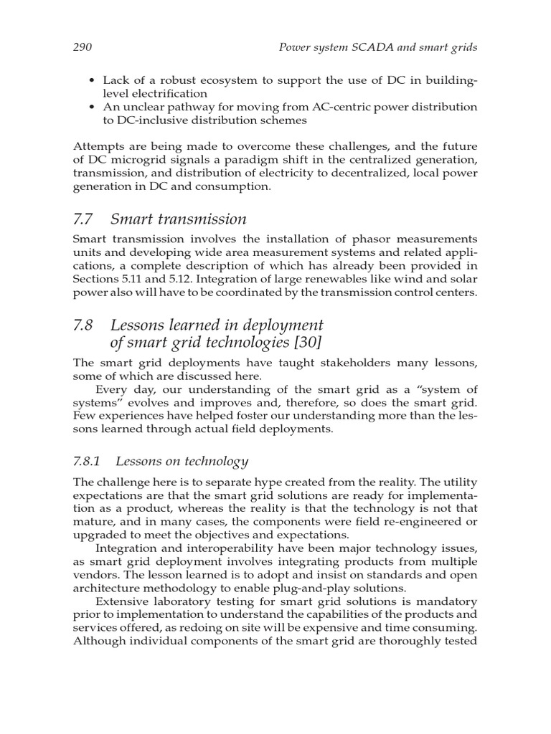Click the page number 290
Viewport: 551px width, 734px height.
click(83, 47)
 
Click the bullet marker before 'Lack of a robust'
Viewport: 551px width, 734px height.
click(92, 80)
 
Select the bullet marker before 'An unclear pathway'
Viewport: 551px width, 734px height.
click(92, 107)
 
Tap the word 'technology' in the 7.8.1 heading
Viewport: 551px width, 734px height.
click(215, 461)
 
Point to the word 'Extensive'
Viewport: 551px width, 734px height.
click(125, 601)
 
